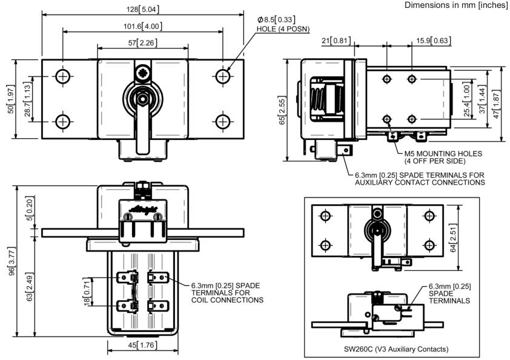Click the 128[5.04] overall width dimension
pos(143,9)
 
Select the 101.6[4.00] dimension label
pos(143,26)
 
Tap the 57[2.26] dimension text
pos(143,42)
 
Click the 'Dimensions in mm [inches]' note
pos(457,5)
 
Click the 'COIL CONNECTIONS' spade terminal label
pos(227,300)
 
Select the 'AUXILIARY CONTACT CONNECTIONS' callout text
pos(421,183)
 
